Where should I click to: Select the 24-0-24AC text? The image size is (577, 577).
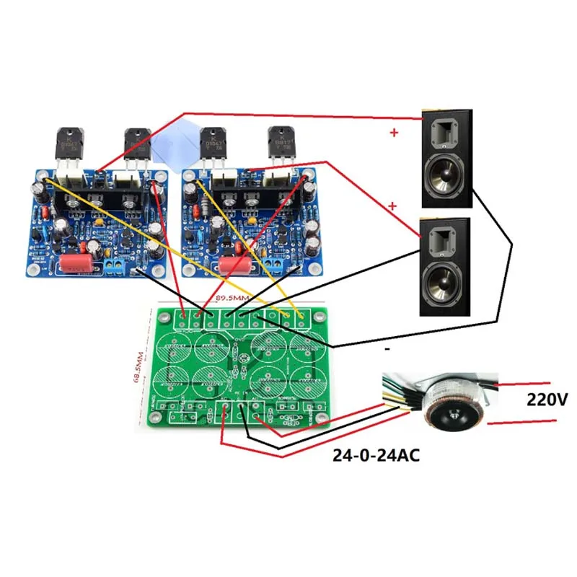(x=376, y=456)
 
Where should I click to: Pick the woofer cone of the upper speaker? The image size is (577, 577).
(x=446, y=177)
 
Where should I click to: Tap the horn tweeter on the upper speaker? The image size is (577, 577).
(x=445, y=133)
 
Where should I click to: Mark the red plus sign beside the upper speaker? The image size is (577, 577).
(x=393, y=133)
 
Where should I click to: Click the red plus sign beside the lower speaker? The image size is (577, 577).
(x=393, y=206)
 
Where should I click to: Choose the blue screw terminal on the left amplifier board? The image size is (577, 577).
(x=113, y=266)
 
